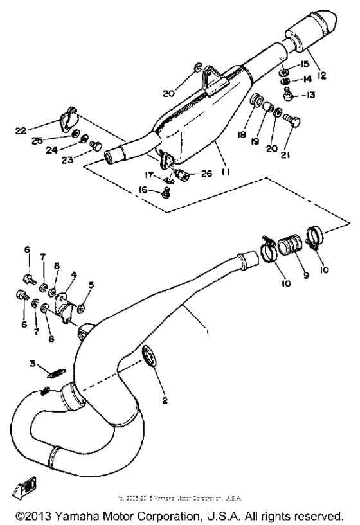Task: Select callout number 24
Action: (64, 153)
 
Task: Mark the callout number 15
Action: (305, 64)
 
